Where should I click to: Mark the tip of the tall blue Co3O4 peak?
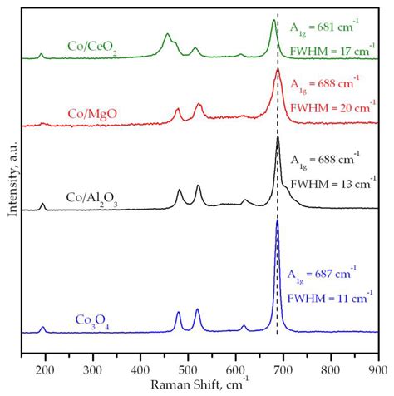[x=277, y=221]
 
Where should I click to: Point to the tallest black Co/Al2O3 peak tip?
[x=277, y=136]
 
